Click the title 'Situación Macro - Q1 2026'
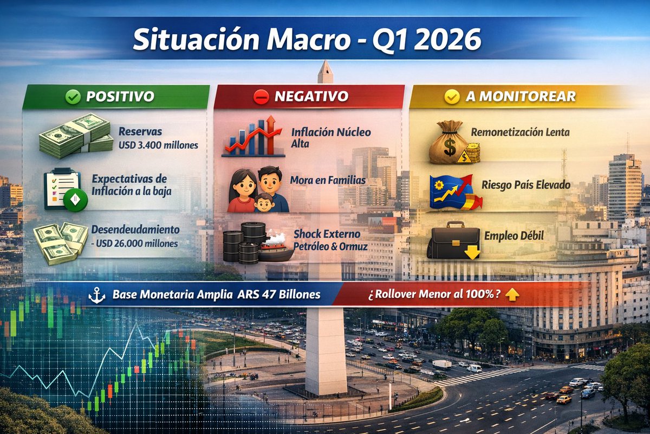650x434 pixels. click(307, 40)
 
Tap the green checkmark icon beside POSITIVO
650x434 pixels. click(73, 97)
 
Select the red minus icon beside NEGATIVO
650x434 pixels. click(261, 97)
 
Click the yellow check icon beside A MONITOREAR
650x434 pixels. click(452, 97)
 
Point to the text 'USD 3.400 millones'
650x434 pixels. click(158, 145)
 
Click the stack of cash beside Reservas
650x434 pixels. click(75, 136)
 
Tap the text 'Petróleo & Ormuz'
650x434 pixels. click(330, 246)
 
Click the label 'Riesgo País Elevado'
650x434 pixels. click(526, 185)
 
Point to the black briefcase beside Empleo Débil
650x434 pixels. click(454, 240)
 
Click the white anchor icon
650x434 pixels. click(97, 295)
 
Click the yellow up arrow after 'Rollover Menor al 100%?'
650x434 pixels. click(511, 295)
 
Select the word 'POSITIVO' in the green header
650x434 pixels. click(120, 97)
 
